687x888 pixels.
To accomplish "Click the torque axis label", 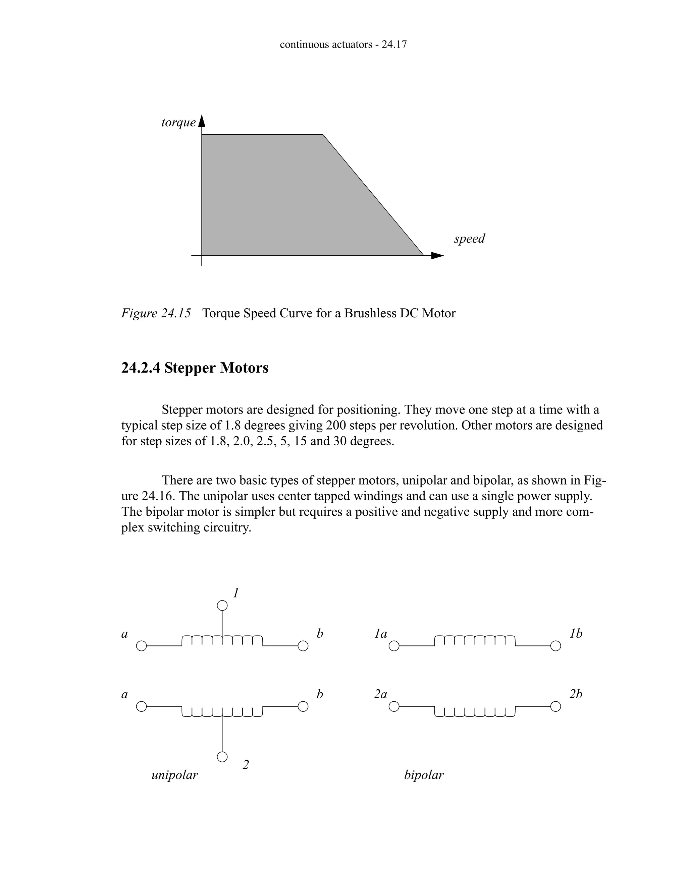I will click(178, 122).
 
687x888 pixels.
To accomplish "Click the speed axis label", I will click(469, 238).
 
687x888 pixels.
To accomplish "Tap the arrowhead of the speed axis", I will click(438, 256).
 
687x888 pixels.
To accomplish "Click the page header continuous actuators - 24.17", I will click(343, 44).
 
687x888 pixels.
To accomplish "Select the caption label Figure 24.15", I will click(156, 314).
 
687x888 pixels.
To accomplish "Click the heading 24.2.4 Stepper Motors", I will click(195, 368).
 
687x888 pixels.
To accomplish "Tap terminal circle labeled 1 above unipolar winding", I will click(222, 606).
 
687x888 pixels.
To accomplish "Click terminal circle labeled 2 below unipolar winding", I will click(222, 757).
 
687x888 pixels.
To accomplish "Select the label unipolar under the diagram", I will click(174, 775).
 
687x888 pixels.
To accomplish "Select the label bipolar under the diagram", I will click(424, 775).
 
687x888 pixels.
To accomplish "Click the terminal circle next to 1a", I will click(394, 646).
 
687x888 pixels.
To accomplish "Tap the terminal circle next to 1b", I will click(556, 646).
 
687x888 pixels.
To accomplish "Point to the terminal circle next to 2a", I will click(394, 707).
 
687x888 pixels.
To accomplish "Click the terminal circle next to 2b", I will click(556, 707).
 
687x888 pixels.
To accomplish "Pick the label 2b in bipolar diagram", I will click(576, 694).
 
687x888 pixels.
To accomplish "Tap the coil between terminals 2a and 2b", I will click(475, 711).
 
